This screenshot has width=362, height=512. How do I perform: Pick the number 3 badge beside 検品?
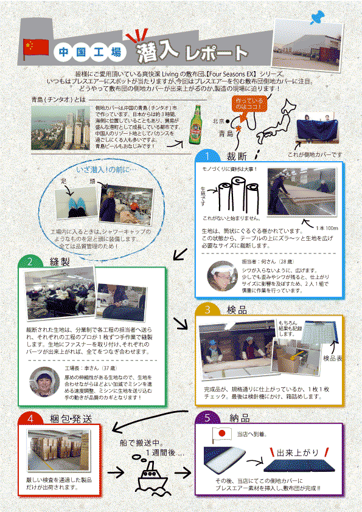[x=209, y=310]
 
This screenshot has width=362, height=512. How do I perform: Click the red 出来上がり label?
[x=297, y=453]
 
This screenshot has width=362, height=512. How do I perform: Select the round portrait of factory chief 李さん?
[x=44, y=382]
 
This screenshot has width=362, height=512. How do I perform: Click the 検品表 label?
[x=332, y=358]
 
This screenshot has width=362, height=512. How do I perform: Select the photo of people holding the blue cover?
[x=318, y=129]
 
